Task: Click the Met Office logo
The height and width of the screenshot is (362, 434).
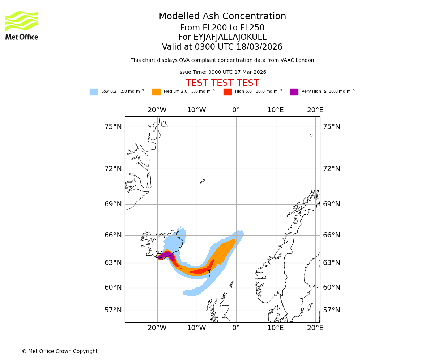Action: [x=22, y=25]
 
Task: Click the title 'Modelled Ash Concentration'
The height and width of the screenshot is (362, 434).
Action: [x=222, y=17]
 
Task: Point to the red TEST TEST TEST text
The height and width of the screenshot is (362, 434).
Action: [x=222, y=83]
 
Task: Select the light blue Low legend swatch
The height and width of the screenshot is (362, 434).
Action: [x=94, y=92]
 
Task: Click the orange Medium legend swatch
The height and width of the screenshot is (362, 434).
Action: [x=156, y=92]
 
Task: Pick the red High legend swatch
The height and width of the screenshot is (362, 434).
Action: [x=227, y=92]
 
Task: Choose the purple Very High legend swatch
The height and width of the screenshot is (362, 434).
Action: [x=294, y=92]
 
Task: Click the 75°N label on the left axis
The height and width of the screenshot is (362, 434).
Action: [x=113, y=127]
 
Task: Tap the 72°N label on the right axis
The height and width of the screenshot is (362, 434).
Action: [x=332, y=169]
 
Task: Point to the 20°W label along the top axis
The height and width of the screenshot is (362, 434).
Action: [x=157, y=110]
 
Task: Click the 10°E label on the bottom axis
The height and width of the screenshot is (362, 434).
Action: [x=276, y=328]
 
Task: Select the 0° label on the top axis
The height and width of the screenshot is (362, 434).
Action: [x=236, y=110]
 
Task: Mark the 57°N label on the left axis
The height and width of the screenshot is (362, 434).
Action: [x=113, y=310]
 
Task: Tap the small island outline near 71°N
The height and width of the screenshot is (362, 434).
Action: [x=203, y=181]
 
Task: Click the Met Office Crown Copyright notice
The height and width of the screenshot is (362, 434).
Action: [x=60, y=351]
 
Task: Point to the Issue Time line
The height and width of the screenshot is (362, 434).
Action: [x=222, y=72]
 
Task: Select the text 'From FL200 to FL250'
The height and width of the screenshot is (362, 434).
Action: [x=222, y=28]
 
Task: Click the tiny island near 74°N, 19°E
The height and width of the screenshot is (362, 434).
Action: [x=311, y=135]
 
